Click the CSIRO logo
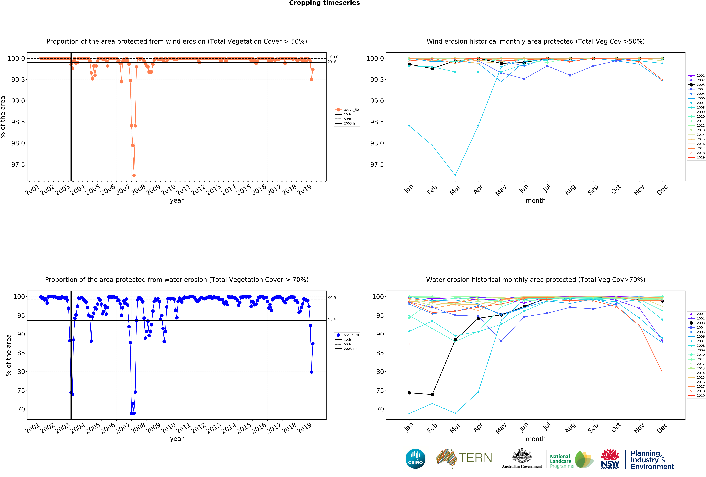(415, 458)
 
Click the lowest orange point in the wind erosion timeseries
(134, 175)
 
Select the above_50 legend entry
(347, 110)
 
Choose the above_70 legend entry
(347, 335)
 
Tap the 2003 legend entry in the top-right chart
(697, 85)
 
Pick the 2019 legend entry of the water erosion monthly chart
(697, 396)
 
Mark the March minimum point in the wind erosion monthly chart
(455, 175)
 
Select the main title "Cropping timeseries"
(324, 3)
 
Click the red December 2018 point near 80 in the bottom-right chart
(662, 372)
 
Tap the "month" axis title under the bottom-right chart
(536, 439)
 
